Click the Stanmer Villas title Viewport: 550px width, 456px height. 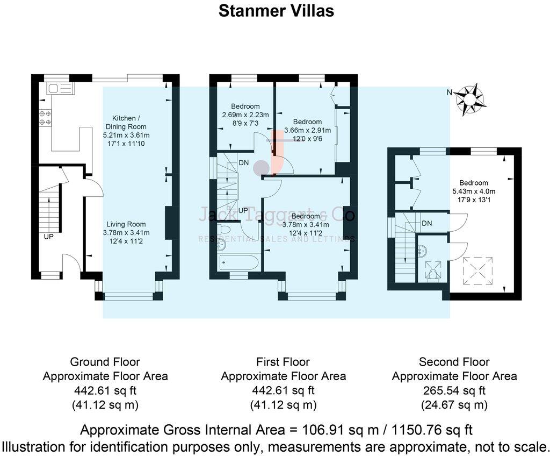coord(276,11)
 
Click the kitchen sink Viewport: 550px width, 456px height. coord(55,89)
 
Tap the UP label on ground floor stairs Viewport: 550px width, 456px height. coord(48,236)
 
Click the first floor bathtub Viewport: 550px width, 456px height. coord(239,263)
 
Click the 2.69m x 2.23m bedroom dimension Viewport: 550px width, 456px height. coord(245,115)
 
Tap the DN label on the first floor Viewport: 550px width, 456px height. coord(243,162)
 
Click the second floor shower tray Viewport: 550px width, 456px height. coord(433,270)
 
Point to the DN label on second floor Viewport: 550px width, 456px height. coord(428,223)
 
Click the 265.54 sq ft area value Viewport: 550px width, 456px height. coord(454,390)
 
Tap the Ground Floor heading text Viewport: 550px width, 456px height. coord(105,362)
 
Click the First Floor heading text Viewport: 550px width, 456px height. coord(283,362)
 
